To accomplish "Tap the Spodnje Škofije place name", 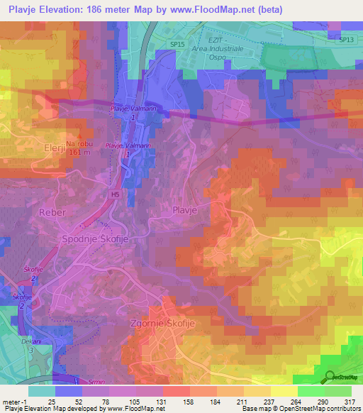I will pyautogui.click(x=100, y=239).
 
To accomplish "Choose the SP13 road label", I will pyautogui.click(x=346, y=40).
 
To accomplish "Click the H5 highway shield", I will pyautogui.click(x=114, y=192).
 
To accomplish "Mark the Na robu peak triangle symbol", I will pyautogui.click(x=82, y=138).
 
